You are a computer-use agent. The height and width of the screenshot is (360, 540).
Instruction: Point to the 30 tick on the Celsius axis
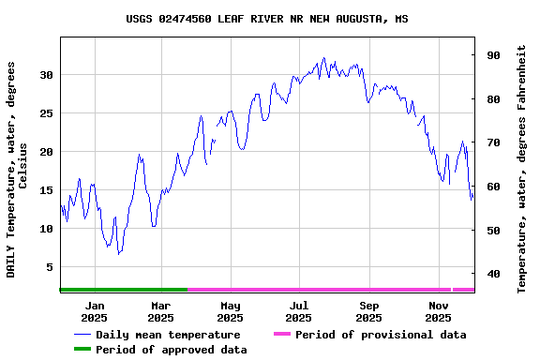click(46, 75)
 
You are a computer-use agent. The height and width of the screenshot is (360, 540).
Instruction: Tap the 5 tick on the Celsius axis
click(49, 267)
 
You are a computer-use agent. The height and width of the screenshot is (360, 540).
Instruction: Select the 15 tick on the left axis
click(46, 190)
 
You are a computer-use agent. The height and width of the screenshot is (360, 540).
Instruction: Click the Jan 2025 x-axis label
click(95, 311)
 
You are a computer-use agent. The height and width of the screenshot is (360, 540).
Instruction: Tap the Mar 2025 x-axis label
click(161, 311)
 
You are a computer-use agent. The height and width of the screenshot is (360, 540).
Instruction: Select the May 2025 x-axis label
click(231, 311)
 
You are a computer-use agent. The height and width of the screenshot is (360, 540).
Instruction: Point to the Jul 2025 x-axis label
click(299, 311)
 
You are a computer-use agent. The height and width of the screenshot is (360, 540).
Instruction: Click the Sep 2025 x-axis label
click(369, 311)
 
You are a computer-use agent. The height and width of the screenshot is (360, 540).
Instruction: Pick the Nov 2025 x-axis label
click(439, 311)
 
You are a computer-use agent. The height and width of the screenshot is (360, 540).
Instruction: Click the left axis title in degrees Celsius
click(17, 169)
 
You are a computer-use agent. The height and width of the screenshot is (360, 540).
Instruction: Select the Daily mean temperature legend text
click(168, 335)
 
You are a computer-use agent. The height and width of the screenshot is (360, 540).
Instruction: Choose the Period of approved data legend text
click(172, 350)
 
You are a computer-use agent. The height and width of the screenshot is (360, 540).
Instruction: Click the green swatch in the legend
click(82, 350)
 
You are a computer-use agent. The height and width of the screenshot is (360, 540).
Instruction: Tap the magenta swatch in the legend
click(282, 335)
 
